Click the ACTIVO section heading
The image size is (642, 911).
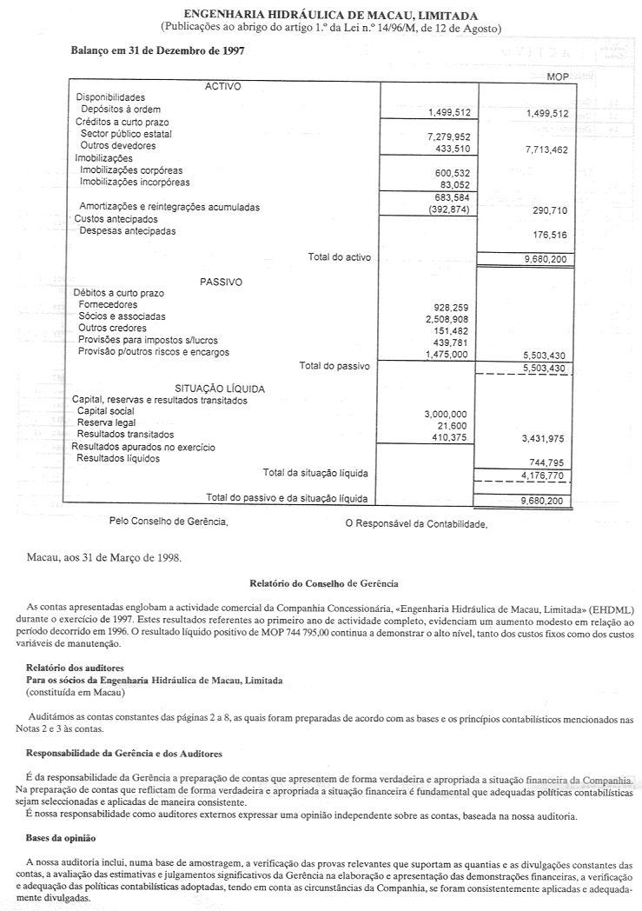point(222,86)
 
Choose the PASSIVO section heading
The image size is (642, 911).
point(221,283)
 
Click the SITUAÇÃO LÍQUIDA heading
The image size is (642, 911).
point(220,389)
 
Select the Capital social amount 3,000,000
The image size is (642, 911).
point(447,414)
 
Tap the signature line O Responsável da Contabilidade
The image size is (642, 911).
point(416,523)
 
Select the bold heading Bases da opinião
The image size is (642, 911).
point(64,839)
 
